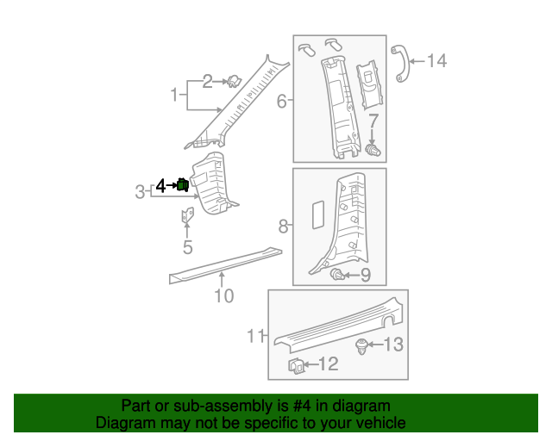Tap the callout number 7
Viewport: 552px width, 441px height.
click(x=373, y=119)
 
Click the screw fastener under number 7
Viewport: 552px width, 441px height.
click(x=373, y=151)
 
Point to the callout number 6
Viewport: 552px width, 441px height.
click(x=281, y=102)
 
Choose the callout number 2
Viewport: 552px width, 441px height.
click(x=208, y=82)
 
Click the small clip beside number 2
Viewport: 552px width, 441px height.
click(x=233, y=82)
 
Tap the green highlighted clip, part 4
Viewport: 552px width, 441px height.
click(x=183, y=184)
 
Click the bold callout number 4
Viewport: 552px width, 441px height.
click(x=160, y=184)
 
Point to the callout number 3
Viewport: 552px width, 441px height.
click(x=140, y=191)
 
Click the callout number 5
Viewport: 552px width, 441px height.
click(x=187, y=248)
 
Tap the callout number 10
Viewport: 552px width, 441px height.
click(x=223, y=296)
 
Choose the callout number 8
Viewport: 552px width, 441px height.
click(x=283, y=227)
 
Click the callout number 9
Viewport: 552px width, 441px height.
click(x=365, y=276)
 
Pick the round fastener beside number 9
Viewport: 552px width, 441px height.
click(x=337, y=275)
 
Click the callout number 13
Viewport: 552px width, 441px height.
click(x=393, y=345)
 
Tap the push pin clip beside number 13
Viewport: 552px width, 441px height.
click(x=362, y=347)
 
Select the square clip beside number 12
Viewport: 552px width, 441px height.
click(x=295, y=367)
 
